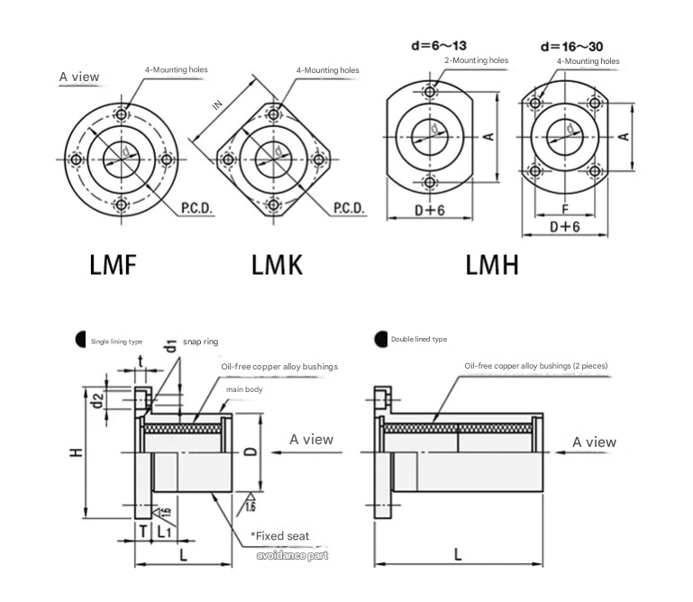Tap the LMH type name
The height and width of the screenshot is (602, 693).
[491, 265]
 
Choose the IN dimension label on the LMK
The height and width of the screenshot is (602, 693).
[217, 104]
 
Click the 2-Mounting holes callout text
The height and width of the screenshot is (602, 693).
[477, 61]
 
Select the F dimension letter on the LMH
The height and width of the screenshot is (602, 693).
[565, 208]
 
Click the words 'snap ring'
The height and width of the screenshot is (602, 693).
[200, 342]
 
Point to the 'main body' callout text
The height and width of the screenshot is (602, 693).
[243, 389]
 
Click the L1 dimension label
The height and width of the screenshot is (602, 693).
[165, 532]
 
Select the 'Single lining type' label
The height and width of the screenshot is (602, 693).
[117, 342]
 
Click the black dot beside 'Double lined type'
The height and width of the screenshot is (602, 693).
[381, 338]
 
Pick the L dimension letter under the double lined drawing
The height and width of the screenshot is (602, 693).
[458, 555]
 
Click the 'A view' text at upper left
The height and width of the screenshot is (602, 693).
[79, 77]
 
